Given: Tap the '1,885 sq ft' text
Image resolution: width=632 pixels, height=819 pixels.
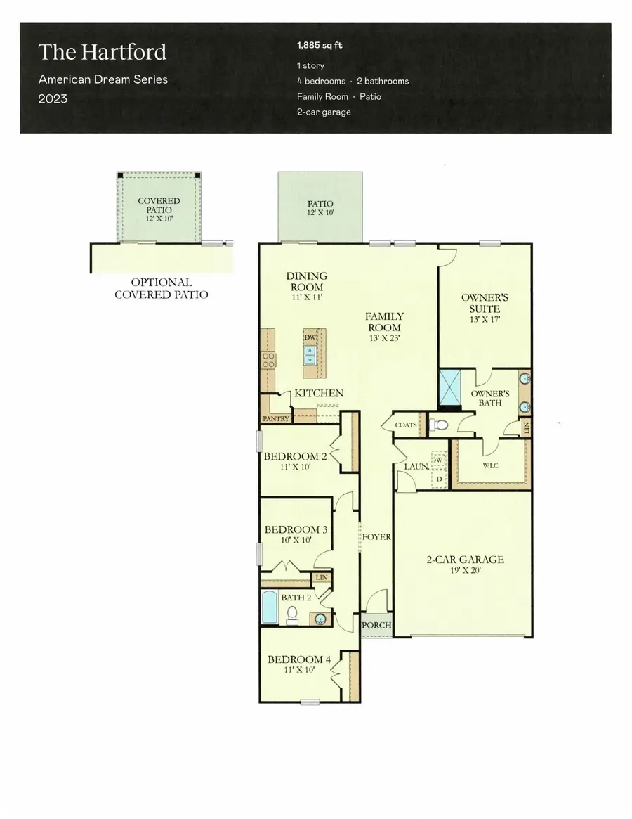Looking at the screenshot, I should (320, 46).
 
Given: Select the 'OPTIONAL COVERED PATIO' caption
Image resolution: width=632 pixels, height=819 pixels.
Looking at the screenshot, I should (161, 288).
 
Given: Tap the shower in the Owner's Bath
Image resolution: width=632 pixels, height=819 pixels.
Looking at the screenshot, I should (449, 387).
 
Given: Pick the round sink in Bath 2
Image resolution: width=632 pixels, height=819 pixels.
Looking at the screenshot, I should (320, 619).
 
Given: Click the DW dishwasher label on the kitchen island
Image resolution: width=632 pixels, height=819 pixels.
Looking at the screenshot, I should (310, 338).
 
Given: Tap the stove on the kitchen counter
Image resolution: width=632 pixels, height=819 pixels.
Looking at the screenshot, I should (268, 361).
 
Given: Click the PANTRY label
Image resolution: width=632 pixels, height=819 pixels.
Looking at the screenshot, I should (275, 419).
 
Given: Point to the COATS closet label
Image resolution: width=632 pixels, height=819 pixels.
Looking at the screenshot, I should (406, 425).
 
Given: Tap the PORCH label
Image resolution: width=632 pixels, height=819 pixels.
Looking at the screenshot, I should (376, 626).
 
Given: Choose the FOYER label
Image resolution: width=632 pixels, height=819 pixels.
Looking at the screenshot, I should (376, 537).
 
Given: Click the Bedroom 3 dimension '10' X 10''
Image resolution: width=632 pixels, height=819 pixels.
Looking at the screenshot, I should (296, 541).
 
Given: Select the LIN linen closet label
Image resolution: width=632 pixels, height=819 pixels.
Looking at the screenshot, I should (322, 577).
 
